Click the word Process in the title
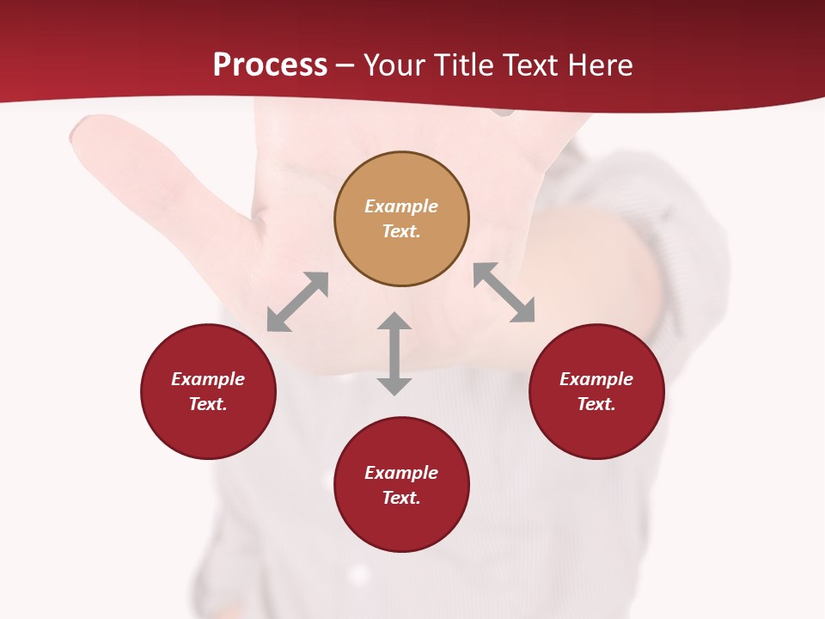(x=270, y=65)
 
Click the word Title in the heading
(x=464, y=65)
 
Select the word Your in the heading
(x=395, y=65)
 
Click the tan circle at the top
(x=401, y=254)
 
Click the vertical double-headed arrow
(x=394, y=353)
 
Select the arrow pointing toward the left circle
(x=297, y=302)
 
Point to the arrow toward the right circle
(x=504, y=292)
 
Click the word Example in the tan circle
(x=401, y=206)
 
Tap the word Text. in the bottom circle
(x=401, y=498)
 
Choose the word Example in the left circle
(x=208, y=379)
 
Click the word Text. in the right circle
(x=596, y=404)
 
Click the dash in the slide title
(x=345, y=65)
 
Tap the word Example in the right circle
(x=596, y=379)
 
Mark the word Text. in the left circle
(x=208, y=404)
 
